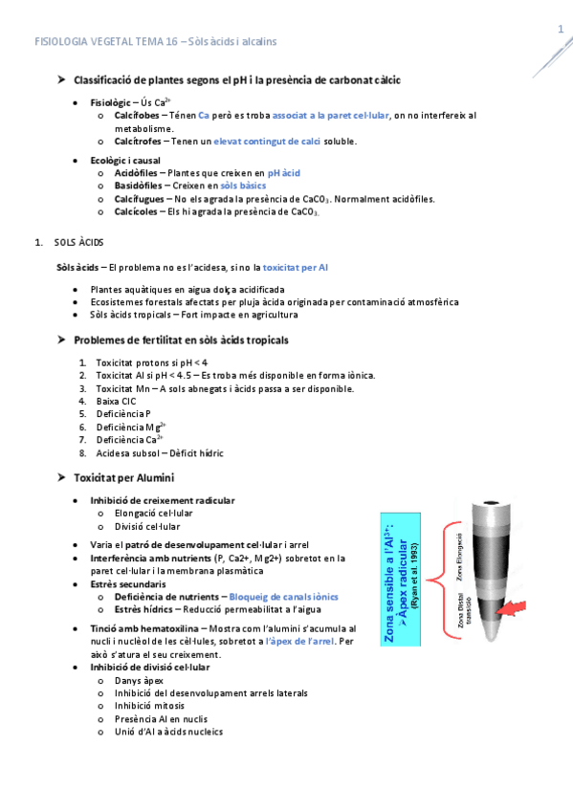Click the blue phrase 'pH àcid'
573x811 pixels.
pyautogui.click(x=284, y=172)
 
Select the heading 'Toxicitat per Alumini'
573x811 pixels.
pyautogui.click(x=124, y=476)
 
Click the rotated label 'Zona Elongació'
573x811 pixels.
pyautogui.click(x=459, y=557)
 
